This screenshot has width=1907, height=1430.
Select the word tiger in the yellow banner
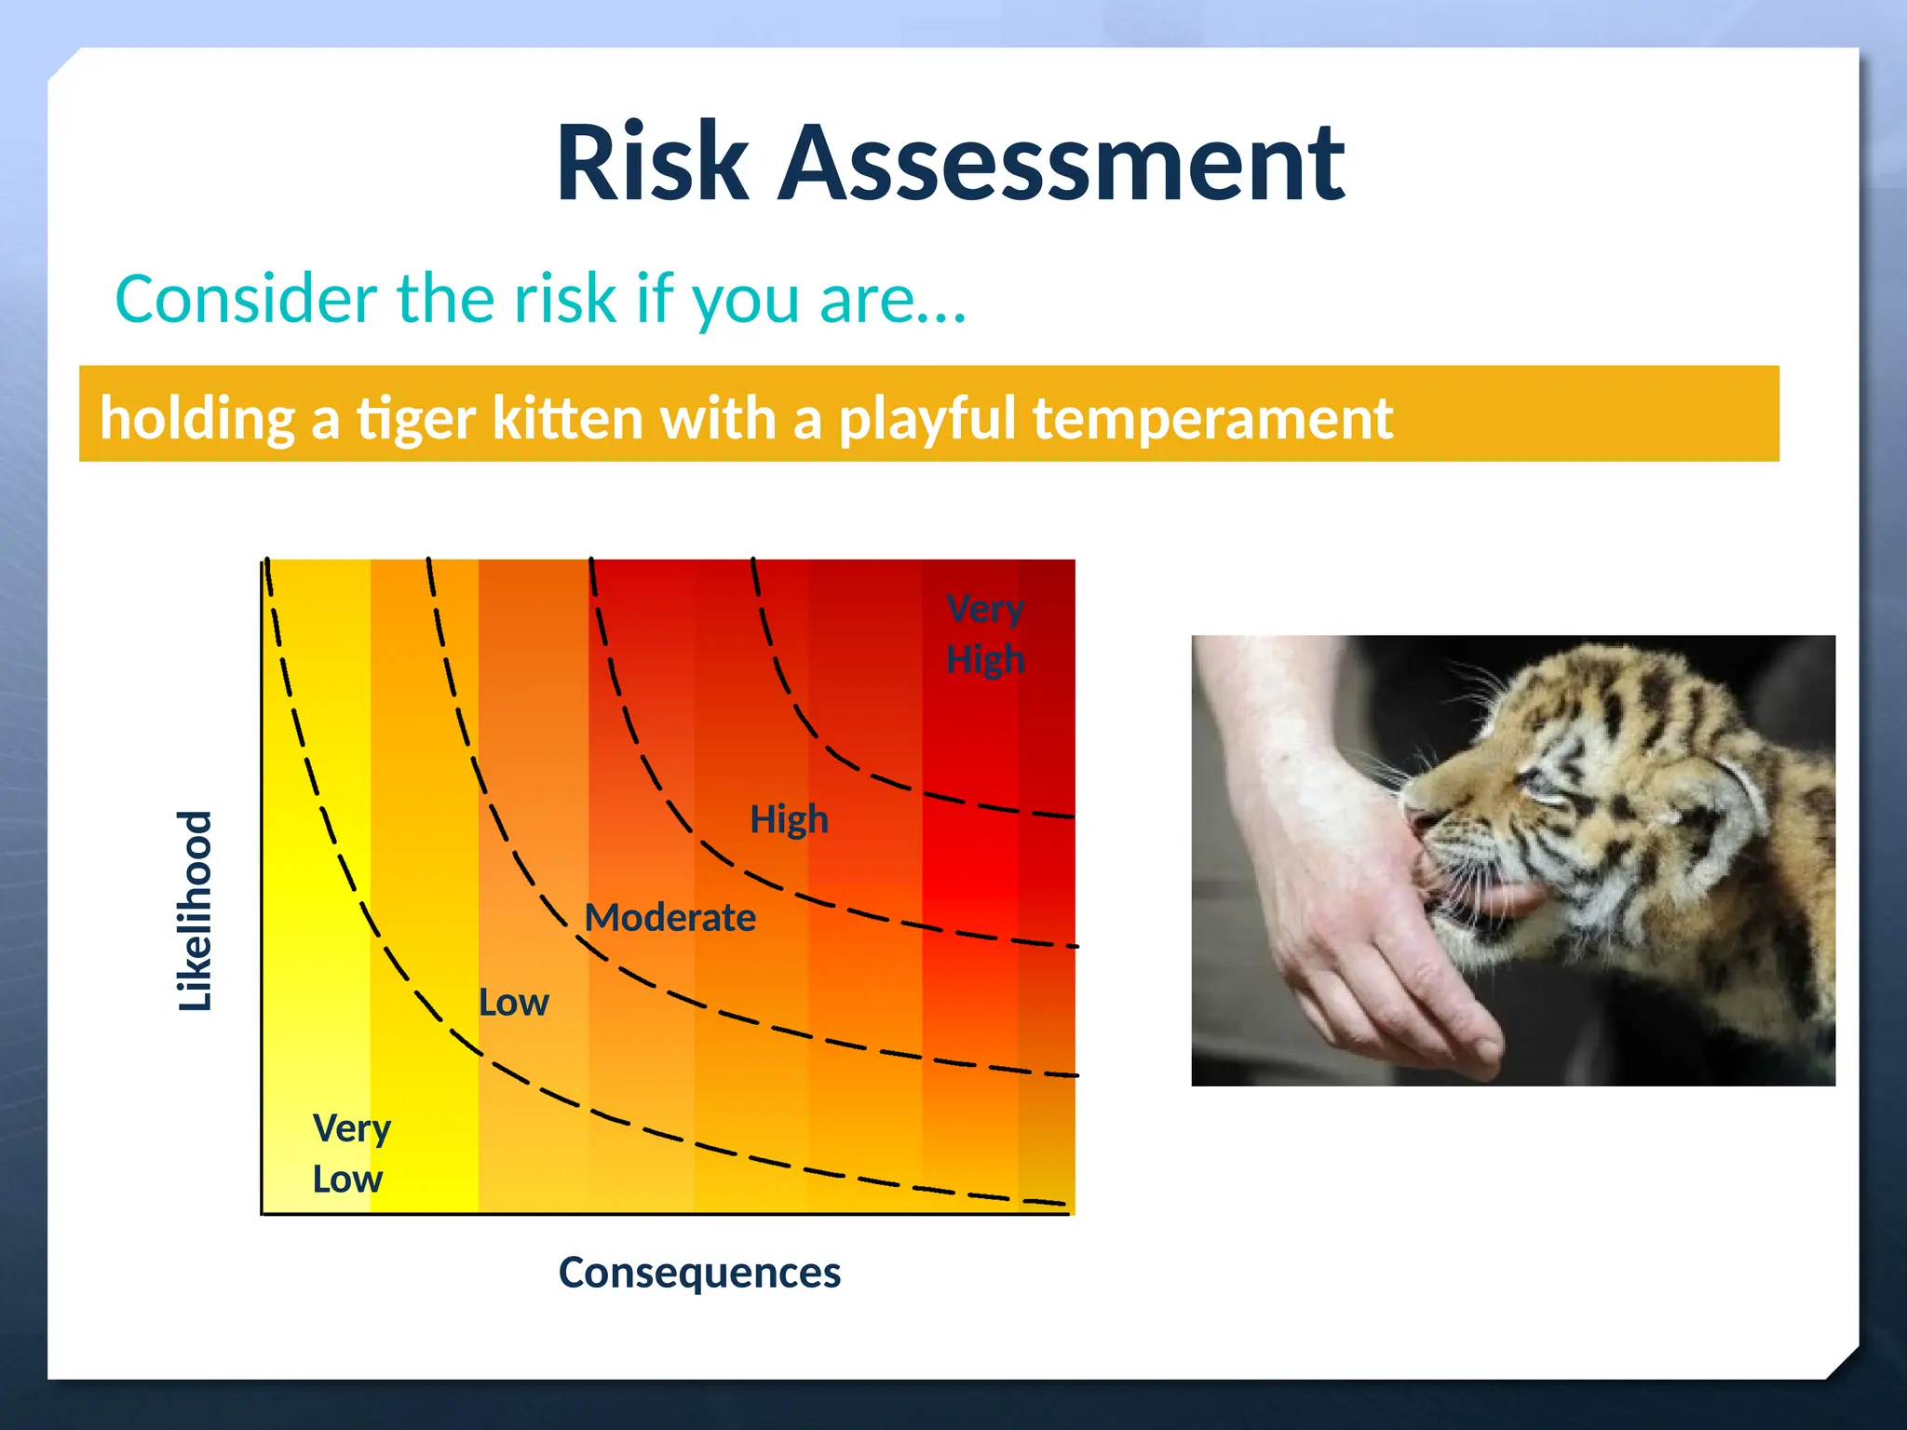[416, 418]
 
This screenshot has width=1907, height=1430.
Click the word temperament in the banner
[1212, 418]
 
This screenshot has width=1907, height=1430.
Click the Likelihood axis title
[196, 911]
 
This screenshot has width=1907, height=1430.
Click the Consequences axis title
[699, 1273]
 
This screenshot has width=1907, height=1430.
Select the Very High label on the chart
[985, 634]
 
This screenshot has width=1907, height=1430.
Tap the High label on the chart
[789, 819]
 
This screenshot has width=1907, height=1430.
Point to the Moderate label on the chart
[669, 918]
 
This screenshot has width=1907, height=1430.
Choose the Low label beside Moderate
[513, 1003]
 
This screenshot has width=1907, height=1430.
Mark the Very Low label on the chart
[350, 1153]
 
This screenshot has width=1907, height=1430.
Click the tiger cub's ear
[1723, 801]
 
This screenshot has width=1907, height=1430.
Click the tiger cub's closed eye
[1541, 791]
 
